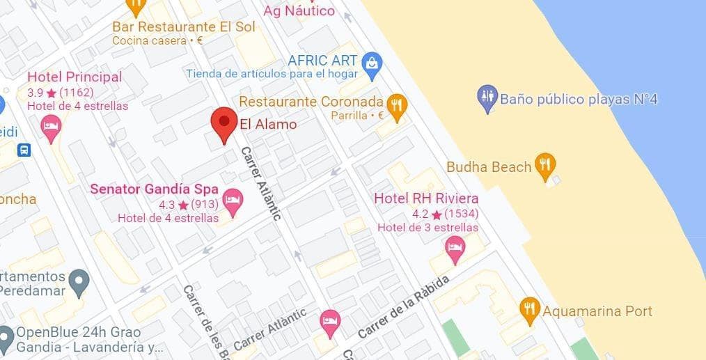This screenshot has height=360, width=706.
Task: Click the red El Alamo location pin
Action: point(223,124)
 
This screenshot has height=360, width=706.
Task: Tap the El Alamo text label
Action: point(268,125)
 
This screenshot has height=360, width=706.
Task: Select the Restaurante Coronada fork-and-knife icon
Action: point(397,107)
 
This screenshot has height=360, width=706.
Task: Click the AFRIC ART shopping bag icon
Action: point(373,66)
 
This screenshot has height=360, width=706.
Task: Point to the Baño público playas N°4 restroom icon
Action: point(487,99)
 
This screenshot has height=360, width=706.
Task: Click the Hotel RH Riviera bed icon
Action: point(455,249)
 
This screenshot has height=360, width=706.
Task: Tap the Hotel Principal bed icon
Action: point(51,127)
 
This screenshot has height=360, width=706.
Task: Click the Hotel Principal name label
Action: point(74,77)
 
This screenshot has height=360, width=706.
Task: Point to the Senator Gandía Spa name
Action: point(155,189)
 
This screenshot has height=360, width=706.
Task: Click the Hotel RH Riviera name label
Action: point(426,198)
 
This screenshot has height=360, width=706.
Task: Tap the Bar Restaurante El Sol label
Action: point(184,26)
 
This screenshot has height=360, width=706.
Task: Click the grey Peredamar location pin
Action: point(81,282)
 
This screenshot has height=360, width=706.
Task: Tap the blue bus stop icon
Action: point(25,150)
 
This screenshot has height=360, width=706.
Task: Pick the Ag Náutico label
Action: point(299,10)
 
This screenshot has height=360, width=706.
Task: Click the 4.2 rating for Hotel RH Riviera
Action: point(420,214)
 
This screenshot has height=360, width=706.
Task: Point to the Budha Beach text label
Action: point(489,166)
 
